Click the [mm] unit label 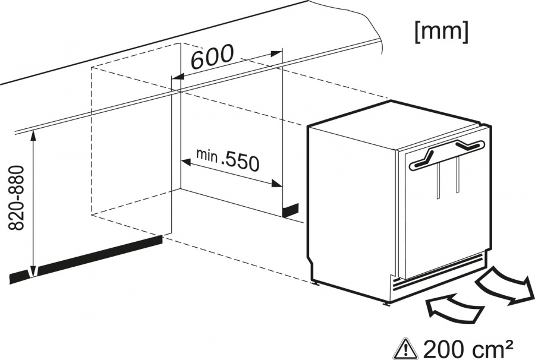(x=441, y=33)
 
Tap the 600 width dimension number (x=212, y=56)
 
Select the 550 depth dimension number (x=241, y=162)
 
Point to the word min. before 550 (x=207, y=155)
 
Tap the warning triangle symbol (x=405, y=348)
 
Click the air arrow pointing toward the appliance (x=454, y=307)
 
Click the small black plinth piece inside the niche (x=290, y=210)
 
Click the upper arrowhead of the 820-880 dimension (x=33, y=135)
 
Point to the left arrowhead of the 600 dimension (x=177, y=77)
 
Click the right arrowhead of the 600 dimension (x=276, y=54)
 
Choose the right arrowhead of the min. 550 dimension (x=276, y=184)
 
